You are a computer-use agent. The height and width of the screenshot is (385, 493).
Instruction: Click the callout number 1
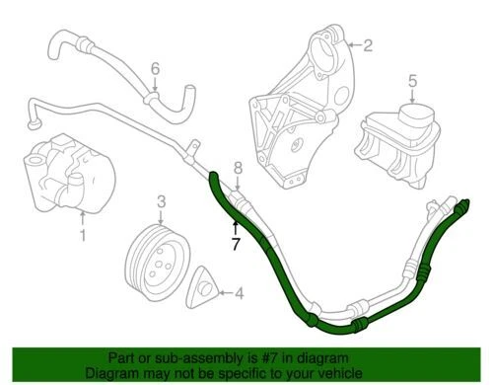click(83, 236)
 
